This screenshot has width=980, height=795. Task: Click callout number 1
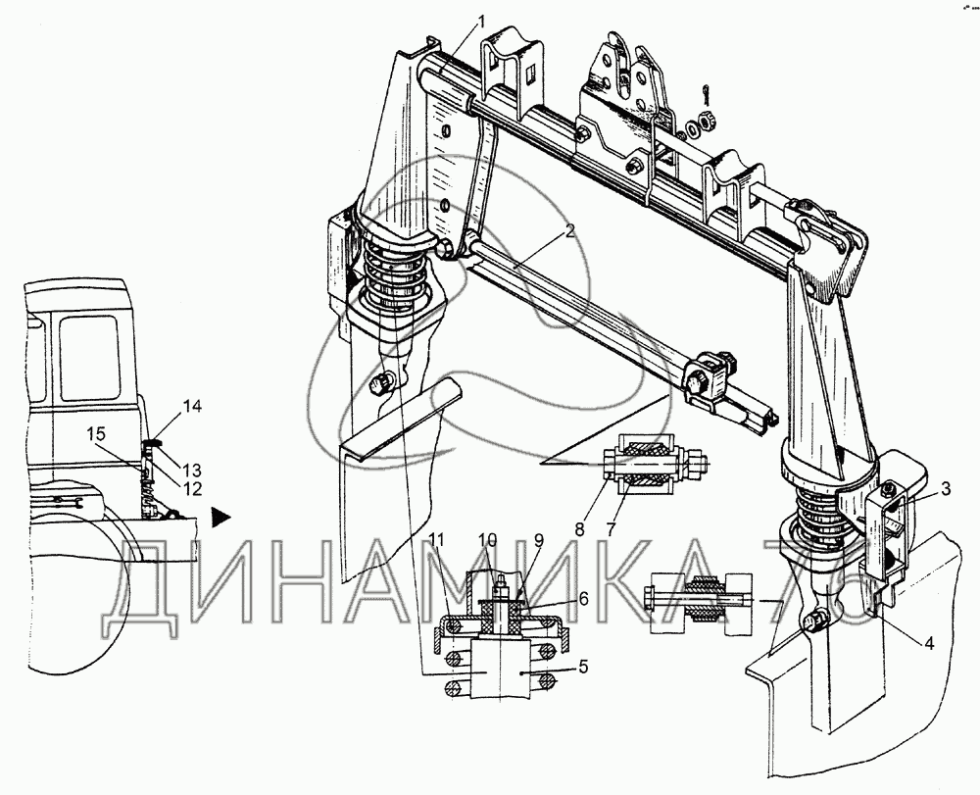coord(481,23)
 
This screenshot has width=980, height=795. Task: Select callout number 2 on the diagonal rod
coord(568,231)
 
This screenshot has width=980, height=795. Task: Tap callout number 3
coord(946,488)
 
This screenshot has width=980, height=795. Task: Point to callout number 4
coord(929,642)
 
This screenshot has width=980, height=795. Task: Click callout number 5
coord(582,667)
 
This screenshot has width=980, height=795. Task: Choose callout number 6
coord(583,598)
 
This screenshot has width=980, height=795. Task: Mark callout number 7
coord(611,528)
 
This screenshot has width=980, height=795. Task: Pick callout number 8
coord(580,528)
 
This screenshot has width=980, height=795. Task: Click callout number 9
coord(539,539)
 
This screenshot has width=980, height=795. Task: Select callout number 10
coord(487,539)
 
